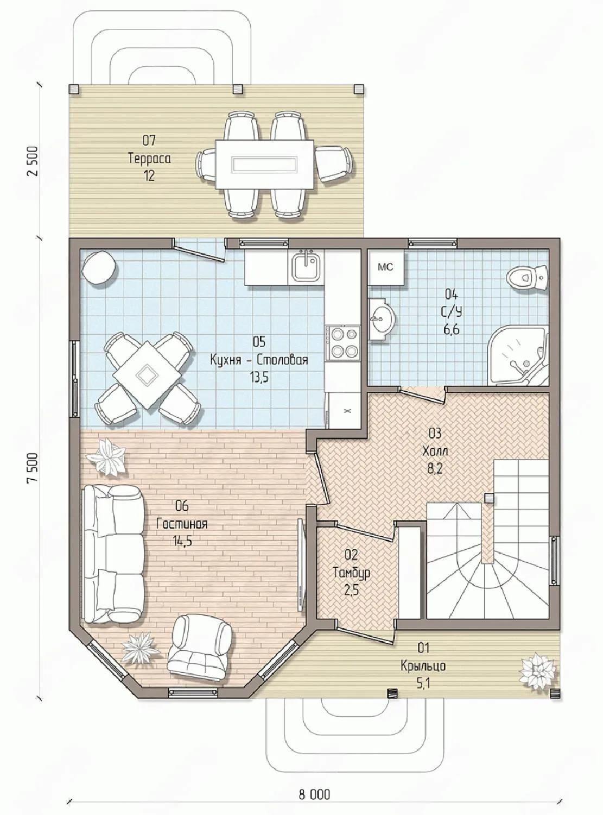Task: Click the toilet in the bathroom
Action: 528,275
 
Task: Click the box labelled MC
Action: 385,267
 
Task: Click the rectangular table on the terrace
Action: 265,164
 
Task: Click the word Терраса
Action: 149,159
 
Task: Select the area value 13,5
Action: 259,377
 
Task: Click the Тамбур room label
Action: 351,573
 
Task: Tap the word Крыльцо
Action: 423,666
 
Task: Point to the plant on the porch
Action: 537,671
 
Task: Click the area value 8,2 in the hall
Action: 435,469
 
